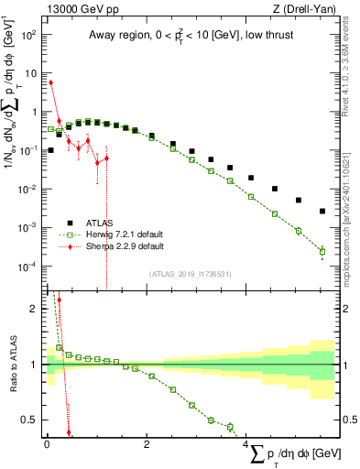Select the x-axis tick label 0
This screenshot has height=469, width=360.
click(47, 445)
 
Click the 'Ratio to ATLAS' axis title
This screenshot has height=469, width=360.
click(12, 366)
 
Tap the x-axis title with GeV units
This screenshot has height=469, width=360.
click(298, 453)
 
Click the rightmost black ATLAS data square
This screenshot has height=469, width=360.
click(322, 211)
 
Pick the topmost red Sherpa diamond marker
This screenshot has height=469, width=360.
click(50, 82)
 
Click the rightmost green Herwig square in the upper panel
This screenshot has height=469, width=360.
click(322, 251)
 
